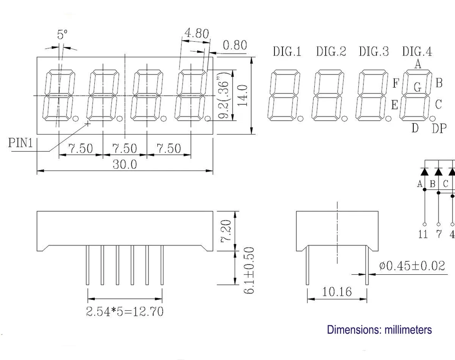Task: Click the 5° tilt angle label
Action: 62,35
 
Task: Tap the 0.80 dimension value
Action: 235,45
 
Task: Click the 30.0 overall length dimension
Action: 125,164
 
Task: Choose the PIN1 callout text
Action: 21,143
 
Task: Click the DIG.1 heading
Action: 287,52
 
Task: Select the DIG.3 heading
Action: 374,52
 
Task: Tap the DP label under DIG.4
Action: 439,128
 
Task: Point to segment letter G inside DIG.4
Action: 418,87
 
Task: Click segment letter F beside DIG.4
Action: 396,83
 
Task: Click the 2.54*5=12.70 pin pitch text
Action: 125,312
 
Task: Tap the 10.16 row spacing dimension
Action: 337,291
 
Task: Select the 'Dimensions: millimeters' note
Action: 379,330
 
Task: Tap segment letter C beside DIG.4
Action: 438,104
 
